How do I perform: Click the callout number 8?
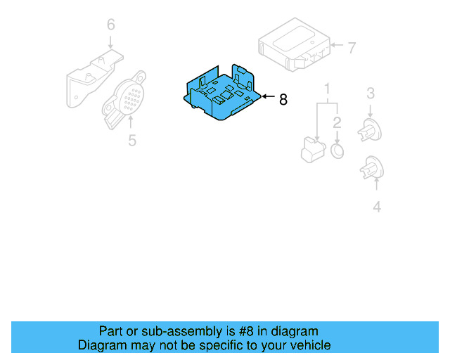(x=283, y=100)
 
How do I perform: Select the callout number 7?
(x=352, y=48)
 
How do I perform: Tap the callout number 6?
(x=110, y=25)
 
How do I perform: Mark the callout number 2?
(x=337, y=122)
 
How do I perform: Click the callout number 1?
(x=327, y=89)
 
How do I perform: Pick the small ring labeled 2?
(x=337, y=150)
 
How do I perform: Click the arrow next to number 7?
(x=336, y=47)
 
